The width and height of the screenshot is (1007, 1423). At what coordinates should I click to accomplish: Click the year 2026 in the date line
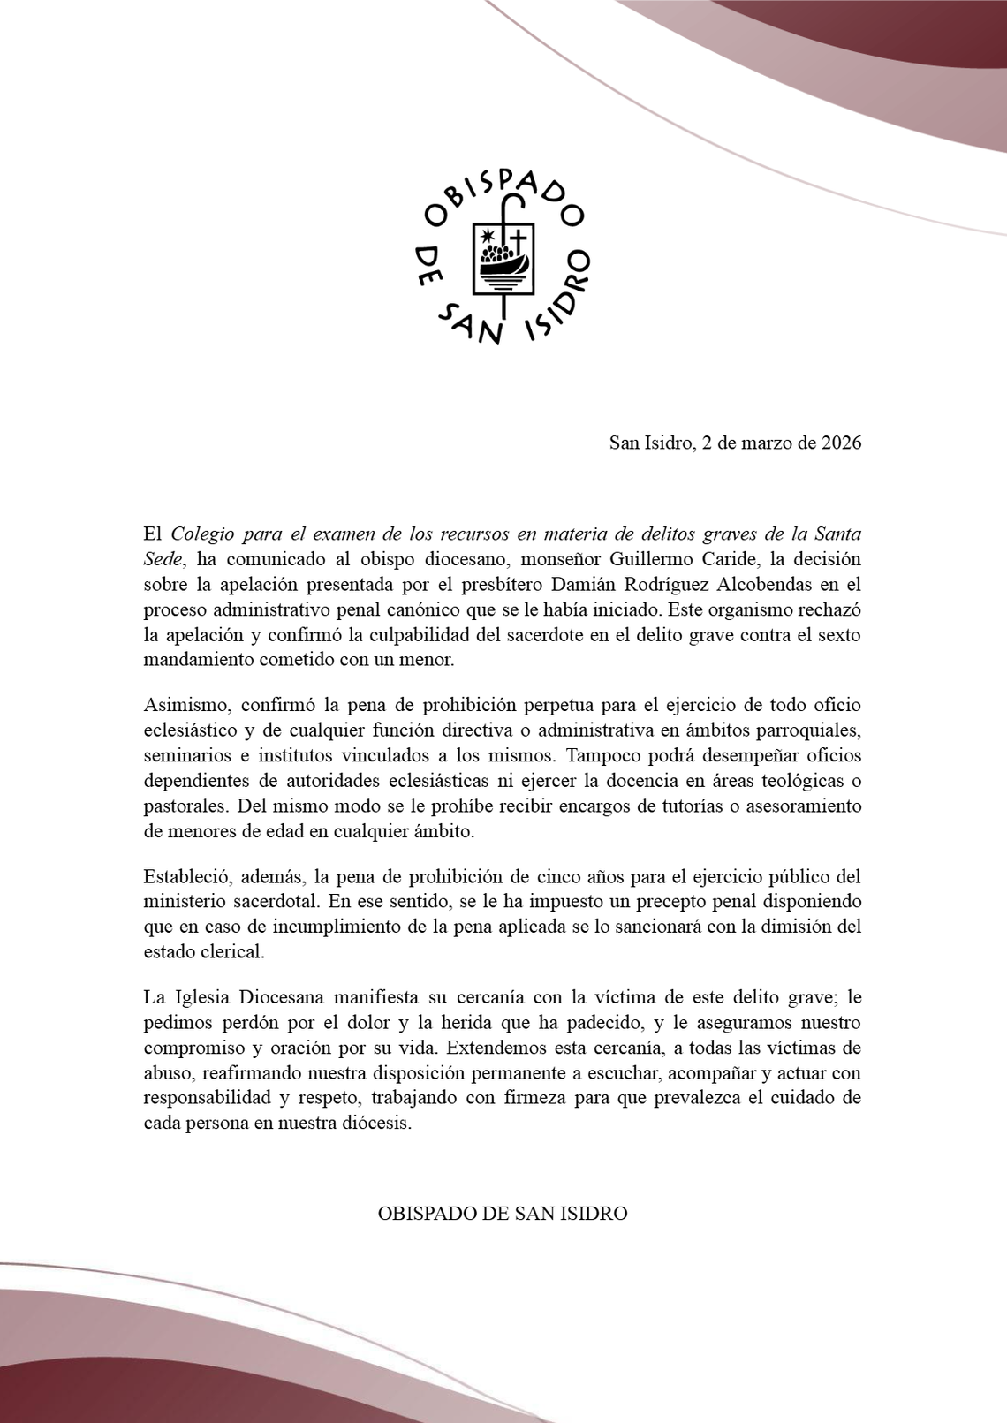click(840, 443)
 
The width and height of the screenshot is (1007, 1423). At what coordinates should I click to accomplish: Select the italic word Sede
click(163, 559)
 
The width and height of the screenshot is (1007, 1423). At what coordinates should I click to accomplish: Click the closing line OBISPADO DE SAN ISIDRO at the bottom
click(503, 1214)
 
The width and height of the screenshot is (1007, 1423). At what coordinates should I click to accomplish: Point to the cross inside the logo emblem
click(519, 240)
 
